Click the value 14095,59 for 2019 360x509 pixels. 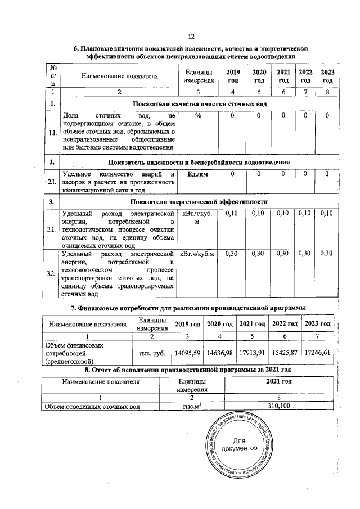pyautogui.click(x=188, y=353)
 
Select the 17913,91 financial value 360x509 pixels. pyautogui.click(x=252, y=353)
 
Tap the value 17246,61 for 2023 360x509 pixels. pyautogui.click(x=317, y=353)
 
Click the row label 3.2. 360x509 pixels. pyautogui.click(x=52, y=273)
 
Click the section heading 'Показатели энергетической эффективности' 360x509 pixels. pyautogui.click(x=199, y=201)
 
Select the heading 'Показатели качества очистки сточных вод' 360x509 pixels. pyautogui.click(x=199, y=104)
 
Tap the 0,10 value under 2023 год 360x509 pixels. pyautogui.click(x=326, y=214)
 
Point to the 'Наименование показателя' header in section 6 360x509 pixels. pyautogui.click(x=119, y=76)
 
